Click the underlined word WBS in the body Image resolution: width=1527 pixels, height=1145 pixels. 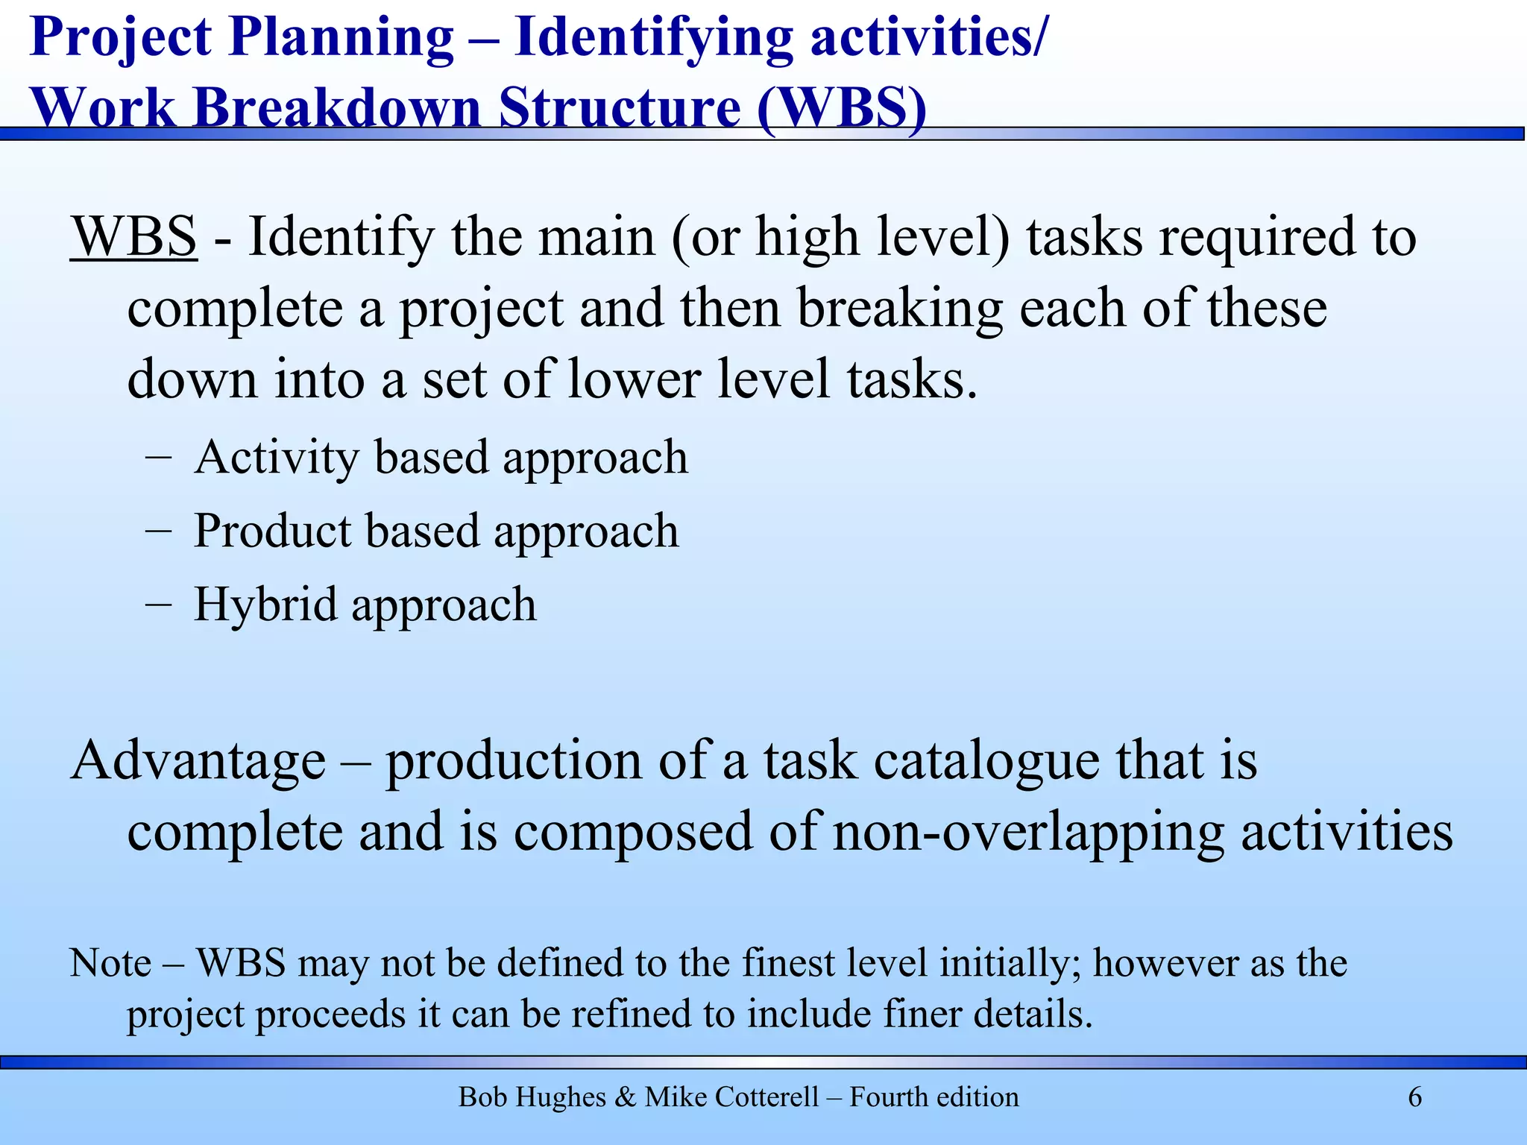pos(134,237)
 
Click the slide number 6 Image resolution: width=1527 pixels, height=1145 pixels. pos(1414,1097)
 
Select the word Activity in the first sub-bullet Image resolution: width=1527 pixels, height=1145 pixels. pos(277,458)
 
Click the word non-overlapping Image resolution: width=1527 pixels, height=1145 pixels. pos(1028,833)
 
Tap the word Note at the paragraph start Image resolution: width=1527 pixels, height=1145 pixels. pos(110,963)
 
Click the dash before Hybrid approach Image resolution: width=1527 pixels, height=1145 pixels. pos(159,605)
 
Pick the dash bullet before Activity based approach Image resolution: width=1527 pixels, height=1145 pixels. pos(159,457)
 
